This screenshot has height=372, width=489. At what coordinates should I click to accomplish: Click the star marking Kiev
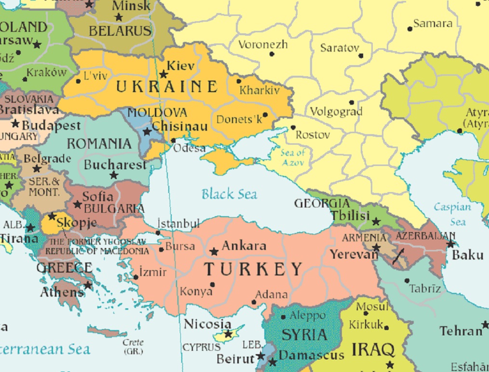163,74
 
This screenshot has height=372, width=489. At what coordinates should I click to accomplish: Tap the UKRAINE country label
166,87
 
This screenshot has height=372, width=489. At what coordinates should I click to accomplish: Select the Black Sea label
229,194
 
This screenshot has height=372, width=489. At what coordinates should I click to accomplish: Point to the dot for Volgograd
352,102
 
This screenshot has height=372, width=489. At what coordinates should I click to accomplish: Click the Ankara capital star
214,251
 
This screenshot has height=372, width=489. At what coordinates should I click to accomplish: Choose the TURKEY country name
253,269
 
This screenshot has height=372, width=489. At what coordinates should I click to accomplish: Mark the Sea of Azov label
293,158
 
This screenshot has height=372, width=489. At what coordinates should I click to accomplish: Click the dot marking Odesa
174,140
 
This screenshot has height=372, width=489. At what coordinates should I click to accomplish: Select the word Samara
433,24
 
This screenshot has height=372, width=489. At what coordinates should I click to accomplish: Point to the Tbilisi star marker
376,221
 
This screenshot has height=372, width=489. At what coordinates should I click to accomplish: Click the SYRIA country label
304,334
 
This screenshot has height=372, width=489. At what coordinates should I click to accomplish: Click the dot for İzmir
136,277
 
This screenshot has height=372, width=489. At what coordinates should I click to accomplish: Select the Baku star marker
450,244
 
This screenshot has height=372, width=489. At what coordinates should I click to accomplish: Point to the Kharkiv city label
259,90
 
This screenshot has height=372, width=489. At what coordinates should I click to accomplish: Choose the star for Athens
88,285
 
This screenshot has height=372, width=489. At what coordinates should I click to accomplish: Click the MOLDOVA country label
157,113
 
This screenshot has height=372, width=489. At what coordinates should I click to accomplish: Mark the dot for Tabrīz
407,280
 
